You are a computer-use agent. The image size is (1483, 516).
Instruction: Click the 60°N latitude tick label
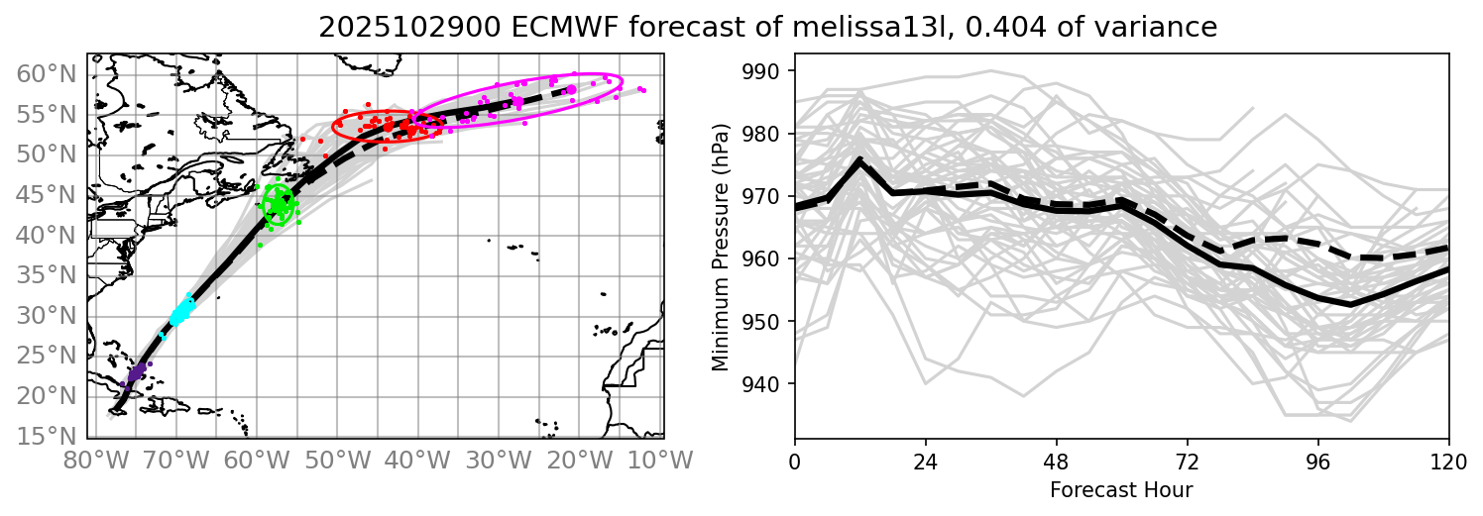point(45,73)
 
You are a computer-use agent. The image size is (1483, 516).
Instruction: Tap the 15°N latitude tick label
point(45,436)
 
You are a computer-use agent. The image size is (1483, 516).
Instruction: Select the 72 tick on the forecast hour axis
point(1188,461)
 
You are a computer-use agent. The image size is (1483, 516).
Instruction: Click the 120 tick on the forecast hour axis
point(1448,461)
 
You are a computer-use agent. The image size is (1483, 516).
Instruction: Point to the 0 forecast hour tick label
point(795,461)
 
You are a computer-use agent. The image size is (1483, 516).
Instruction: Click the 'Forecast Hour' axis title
point(1121,489)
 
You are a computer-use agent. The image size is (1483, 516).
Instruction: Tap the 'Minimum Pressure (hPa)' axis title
point(720,247)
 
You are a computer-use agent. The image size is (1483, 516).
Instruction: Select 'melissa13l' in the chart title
point(862,28)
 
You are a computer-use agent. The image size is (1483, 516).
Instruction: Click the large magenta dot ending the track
point(571,90)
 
